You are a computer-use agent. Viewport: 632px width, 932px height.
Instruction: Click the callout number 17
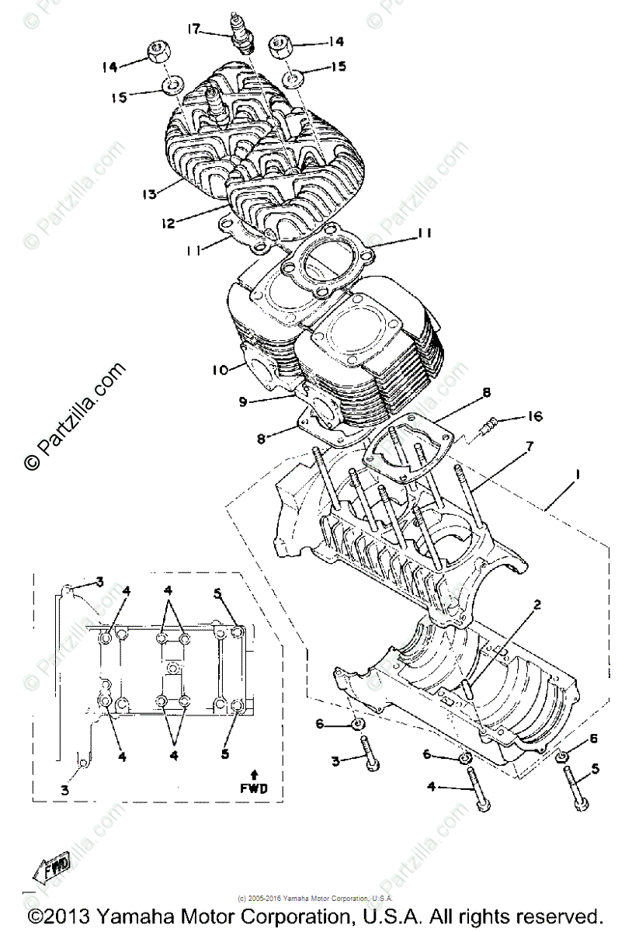click(x=193, y=30)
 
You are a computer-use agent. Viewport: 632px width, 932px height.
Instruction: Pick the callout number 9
click(x=242, y=402)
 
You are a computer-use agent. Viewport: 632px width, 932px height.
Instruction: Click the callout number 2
click(x=536, y=603)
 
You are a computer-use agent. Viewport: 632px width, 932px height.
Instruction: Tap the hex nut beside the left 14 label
click(x=158, y=54)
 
